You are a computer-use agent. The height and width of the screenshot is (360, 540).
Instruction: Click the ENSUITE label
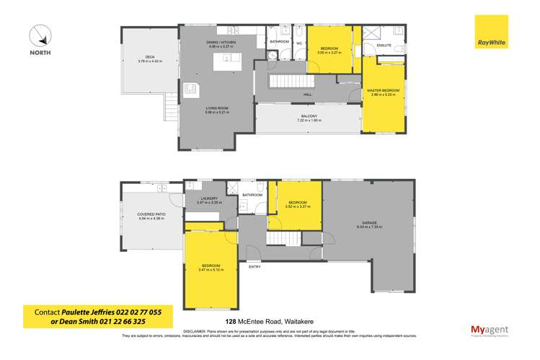pyautogui.click(x=384, y=45)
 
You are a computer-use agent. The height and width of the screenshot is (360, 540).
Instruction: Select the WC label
pyautogui.click(x=299, y=43)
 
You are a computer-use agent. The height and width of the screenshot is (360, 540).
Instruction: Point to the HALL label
pyautogui.click(x=307, y=94)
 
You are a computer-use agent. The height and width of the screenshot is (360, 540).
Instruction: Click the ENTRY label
pyautogui.click(x=254, y=267)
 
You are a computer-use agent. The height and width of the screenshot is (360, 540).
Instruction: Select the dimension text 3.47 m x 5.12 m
pyautogui.click(x=211, y=270)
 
